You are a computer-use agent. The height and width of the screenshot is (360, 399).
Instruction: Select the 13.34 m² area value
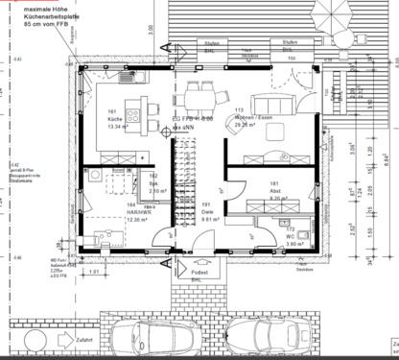(x=117, y=126)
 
